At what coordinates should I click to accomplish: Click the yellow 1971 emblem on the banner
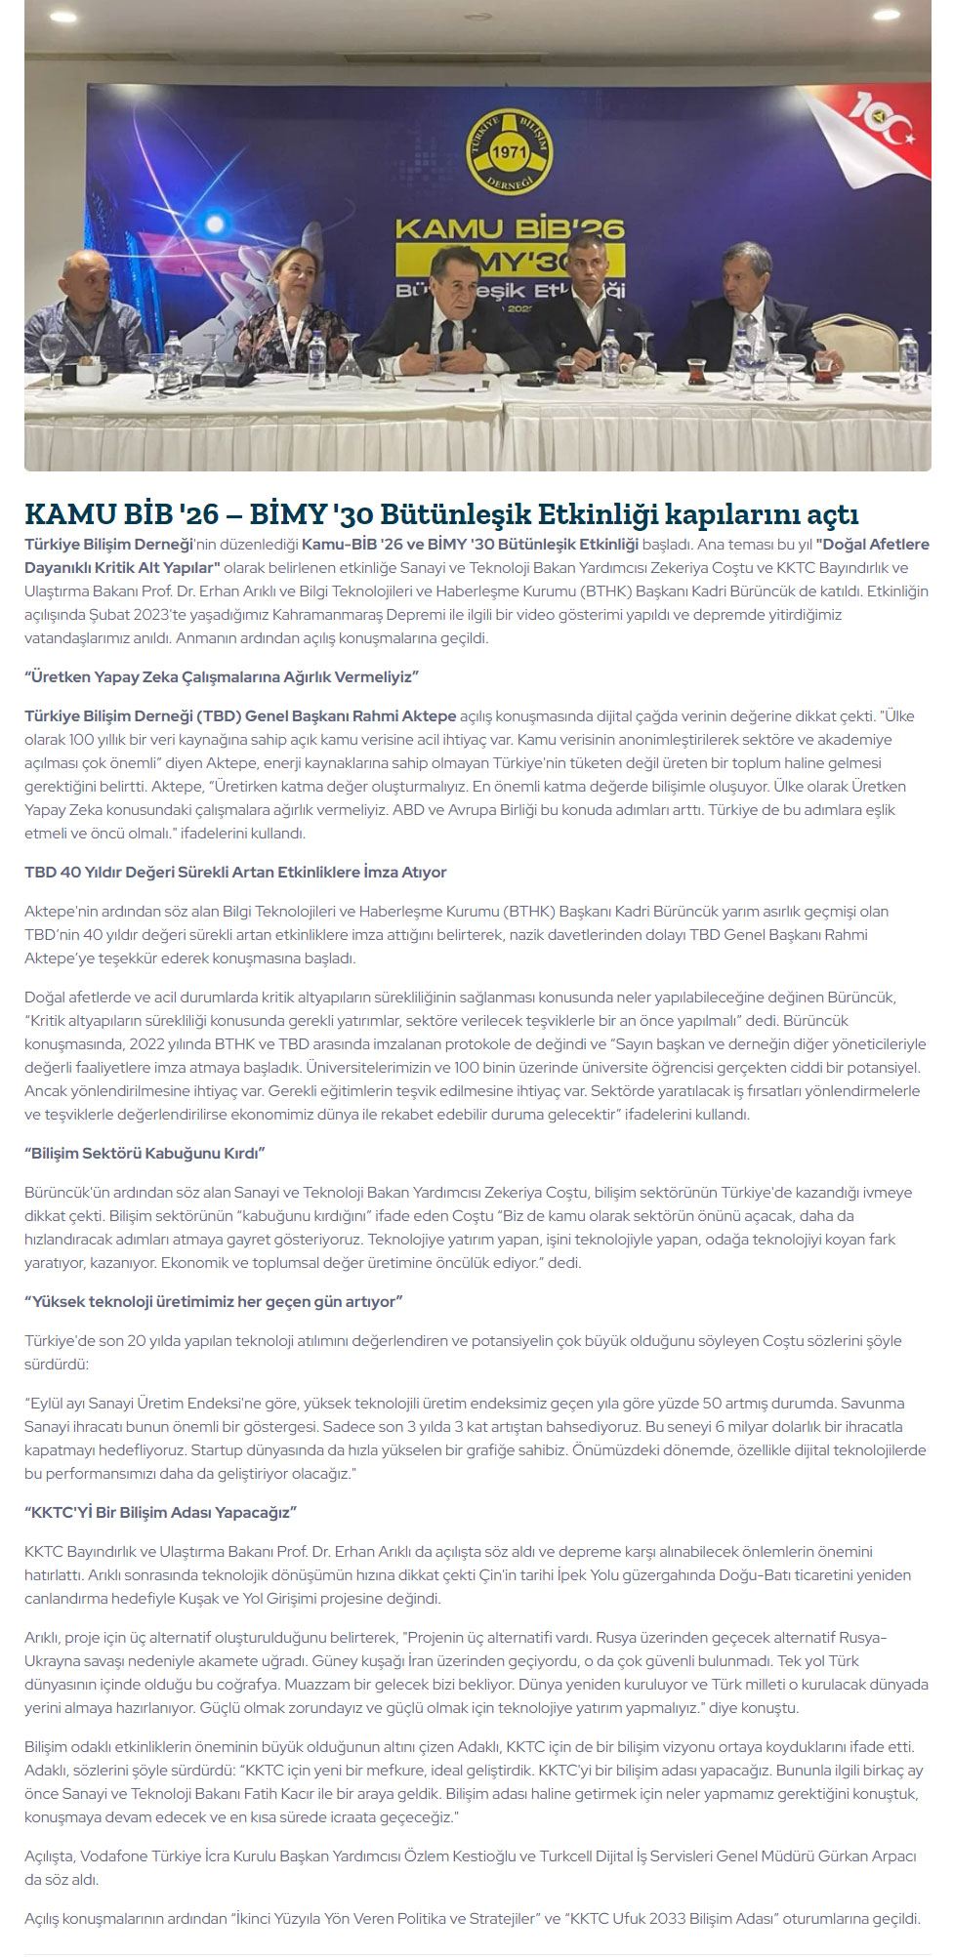point(508,151)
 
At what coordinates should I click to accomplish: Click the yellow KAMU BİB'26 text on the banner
point(509,229)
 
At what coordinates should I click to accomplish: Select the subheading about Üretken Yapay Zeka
point(222,676)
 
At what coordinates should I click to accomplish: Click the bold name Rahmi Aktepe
point(401,715)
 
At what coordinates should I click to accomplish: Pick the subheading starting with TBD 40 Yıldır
point(235,872)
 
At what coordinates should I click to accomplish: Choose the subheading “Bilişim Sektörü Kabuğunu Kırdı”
point(145,1153)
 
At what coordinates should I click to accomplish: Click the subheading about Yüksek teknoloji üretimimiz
point(214,1301)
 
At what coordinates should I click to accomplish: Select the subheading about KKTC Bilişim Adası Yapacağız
point(160,1512)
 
